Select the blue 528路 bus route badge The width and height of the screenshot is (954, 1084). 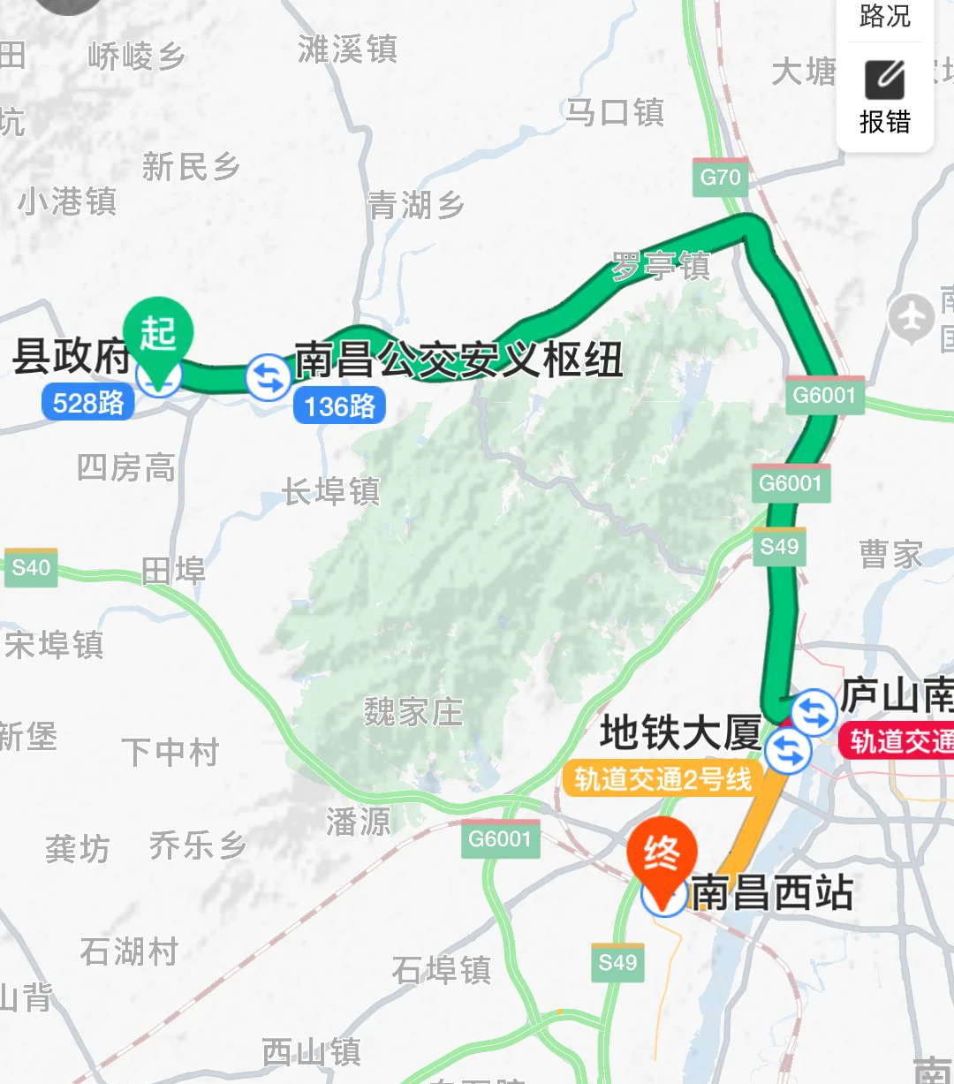(x=88, y=404)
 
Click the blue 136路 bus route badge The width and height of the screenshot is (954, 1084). (x=339, y=406)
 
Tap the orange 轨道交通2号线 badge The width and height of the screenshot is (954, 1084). (x=662, y=779)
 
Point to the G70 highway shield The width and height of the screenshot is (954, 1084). (x=720, y=178)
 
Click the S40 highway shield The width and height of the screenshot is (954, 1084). (x=31, y=567)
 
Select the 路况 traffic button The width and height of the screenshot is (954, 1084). (x=884, y=16)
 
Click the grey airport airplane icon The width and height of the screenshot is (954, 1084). (x=911, y=318)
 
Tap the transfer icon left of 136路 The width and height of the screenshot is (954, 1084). (x=268, y=377)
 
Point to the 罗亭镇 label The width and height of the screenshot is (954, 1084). (x=661, y=266)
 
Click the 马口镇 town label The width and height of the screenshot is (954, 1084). (x=615, y=112)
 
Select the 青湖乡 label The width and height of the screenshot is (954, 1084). (x=416, y=206)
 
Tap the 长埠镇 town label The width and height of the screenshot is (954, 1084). (x=331, y=491)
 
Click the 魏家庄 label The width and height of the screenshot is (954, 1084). (x=413, y=711)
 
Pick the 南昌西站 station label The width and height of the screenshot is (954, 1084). (x=772, y=892)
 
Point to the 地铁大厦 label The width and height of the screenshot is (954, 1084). (x=680, y=733)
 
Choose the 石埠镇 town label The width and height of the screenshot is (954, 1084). (x=441, y=970)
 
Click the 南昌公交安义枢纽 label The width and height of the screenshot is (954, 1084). (x=458, y=360)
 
